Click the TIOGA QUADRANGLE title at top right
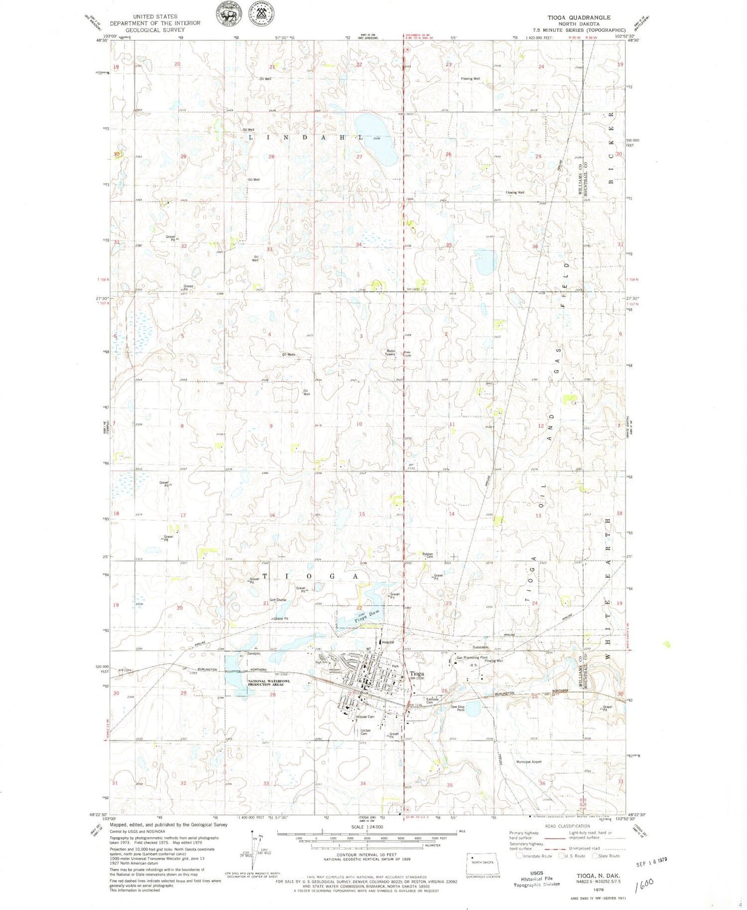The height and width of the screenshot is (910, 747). [x=579, y=17]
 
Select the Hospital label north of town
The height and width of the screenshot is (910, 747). [x=388, y=642]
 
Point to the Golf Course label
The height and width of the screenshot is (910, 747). [x=278, y=600]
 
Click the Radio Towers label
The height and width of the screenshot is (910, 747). [x=391, y=352]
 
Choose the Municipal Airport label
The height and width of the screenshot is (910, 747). [x=529, y=762]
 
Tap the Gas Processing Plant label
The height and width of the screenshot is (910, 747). [x=472, y=657]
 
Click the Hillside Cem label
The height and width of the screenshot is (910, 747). [x=365, y=717]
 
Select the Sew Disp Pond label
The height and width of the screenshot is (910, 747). [x=458, y=708]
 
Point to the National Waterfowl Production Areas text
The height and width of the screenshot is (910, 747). [x=266, y=683]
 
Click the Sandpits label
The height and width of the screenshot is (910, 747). [x=253, y=653]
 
